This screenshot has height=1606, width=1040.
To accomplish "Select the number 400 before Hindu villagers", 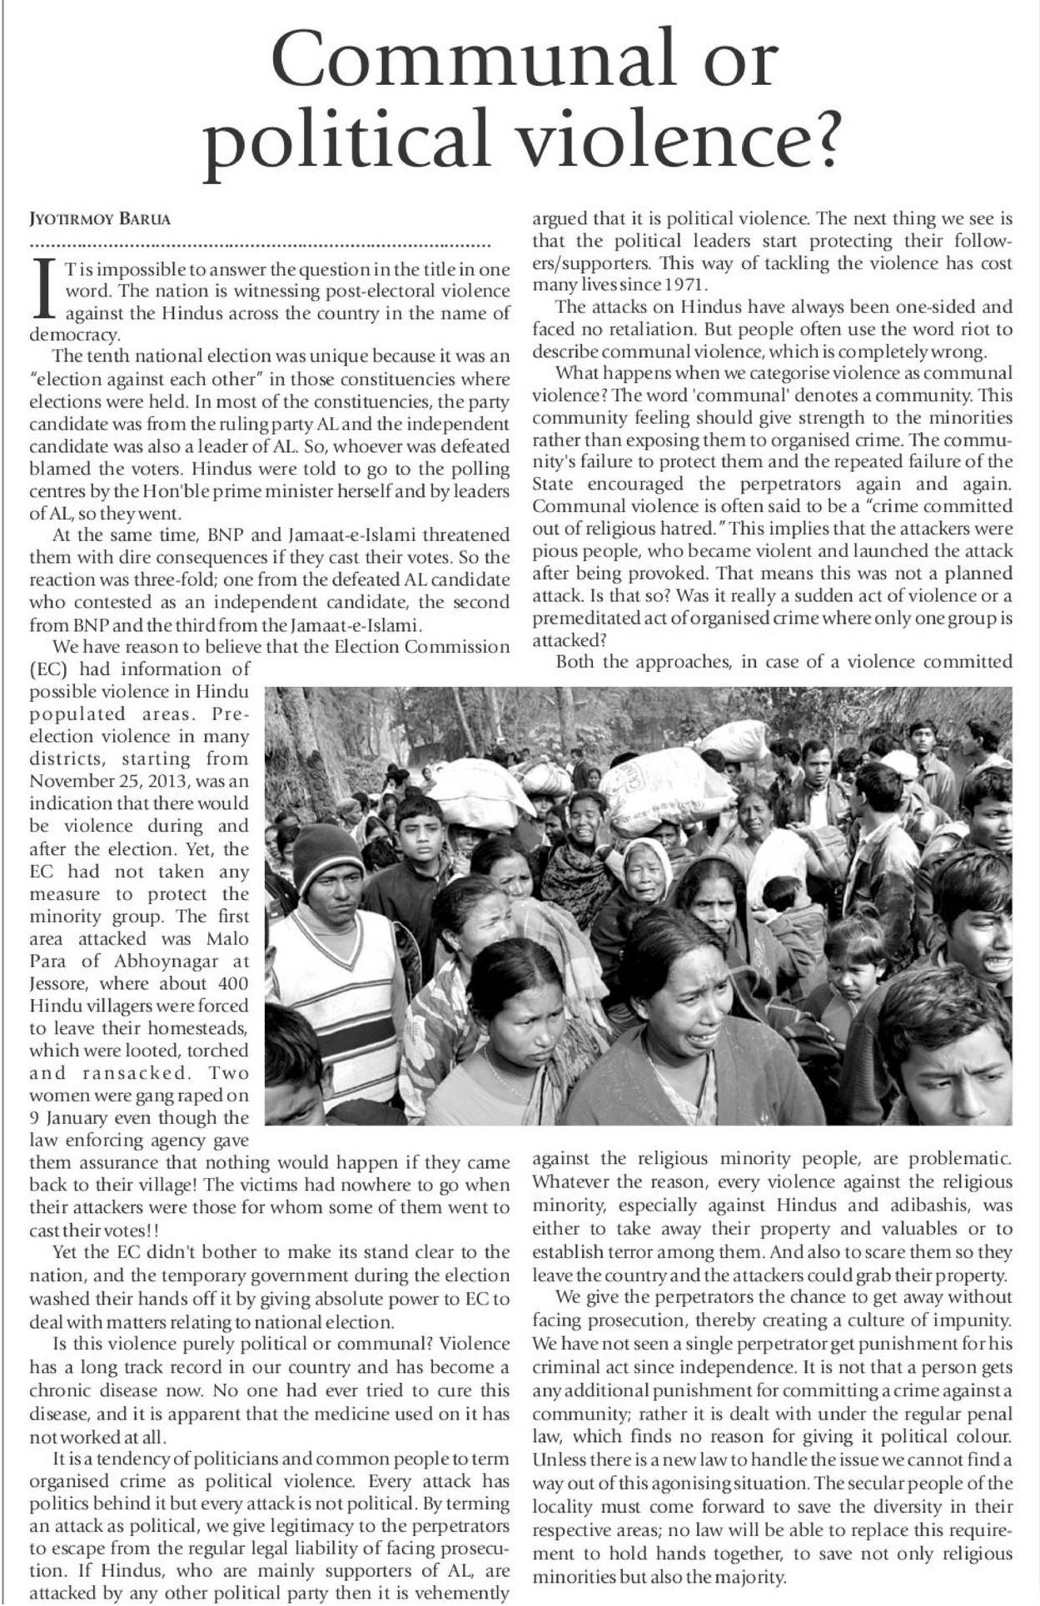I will (231, 983).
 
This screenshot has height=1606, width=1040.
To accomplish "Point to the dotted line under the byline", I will (260, 246).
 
